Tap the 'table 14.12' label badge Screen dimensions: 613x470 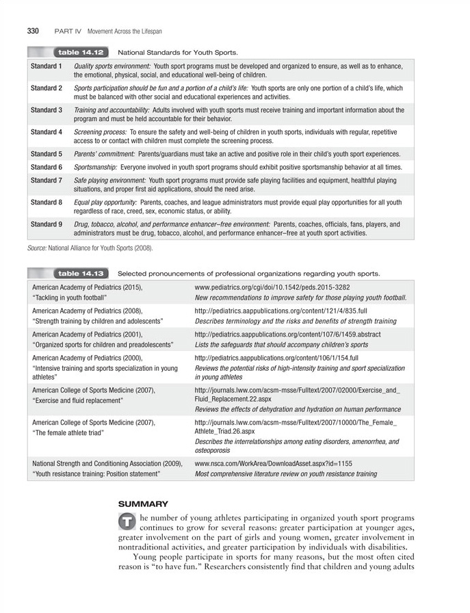pyautogui.click(x=81, y=52)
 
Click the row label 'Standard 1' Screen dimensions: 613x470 pyautogui.click(x=47, y=66)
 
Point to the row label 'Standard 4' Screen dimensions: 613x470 pyautogui.click(x=47, y=132)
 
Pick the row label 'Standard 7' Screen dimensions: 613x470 pyautogui.click(x=47, y=181)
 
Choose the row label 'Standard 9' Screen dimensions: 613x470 pyautogui.click(x=47, y=224)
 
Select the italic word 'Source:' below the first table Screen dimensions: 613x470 pyautogui.click(x=36, y=248)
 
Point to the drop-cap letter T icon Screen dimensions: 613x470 pyautogui.click(x=126, y=521)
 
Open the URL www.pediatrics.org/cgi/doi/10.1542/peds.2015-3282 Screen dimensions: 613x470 pyautogui.click(x=272, y=288)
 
